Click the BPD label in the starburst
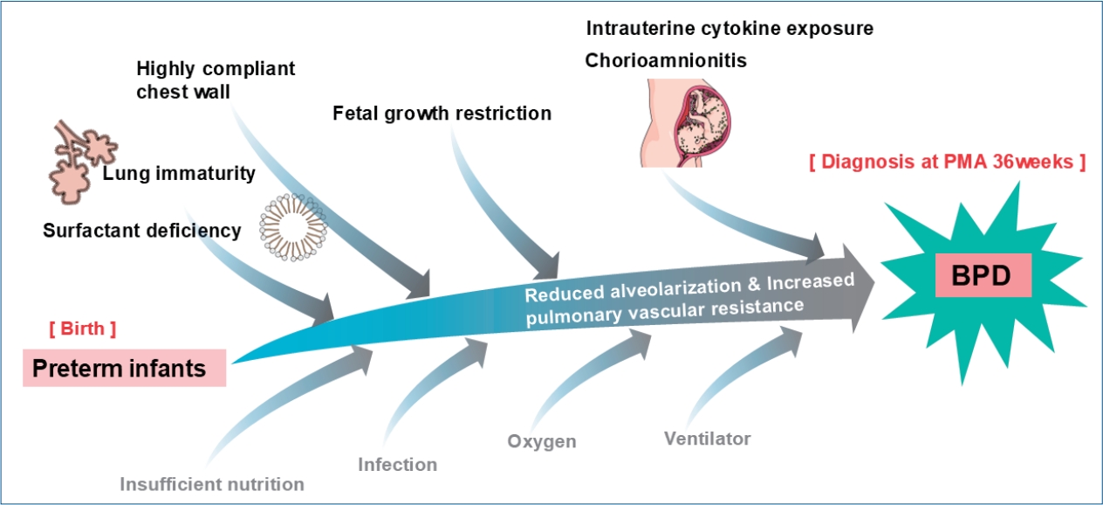[983, 276]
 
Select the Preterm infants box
[123, 368]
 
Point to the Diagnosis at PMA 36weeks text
[946, 163]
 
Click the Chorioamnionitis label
[666, 61]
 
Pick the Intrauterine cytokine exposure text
[730, 28]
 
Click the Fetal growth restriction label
[442, 114]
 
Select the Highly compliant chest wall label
[216, 79]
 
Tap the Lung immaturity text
[179, 173]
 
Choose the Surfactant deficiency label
[141, 231]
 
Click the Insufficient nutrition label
[212, 483]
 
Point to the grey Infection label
[397, 463]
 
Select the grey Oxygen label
[542, 440]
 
